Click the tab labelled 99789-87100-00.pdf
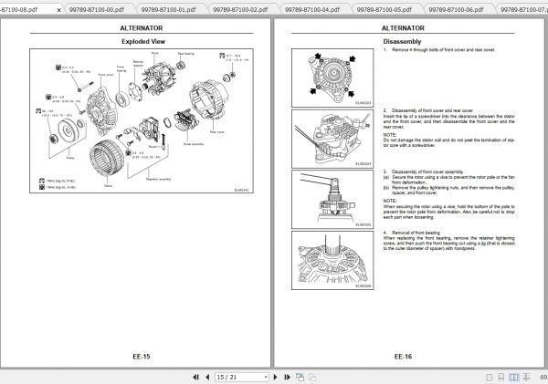(x=94, y=7)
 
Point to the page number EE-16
(x=402, y=357)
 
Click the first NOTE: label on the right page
(x=390, y=131)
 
